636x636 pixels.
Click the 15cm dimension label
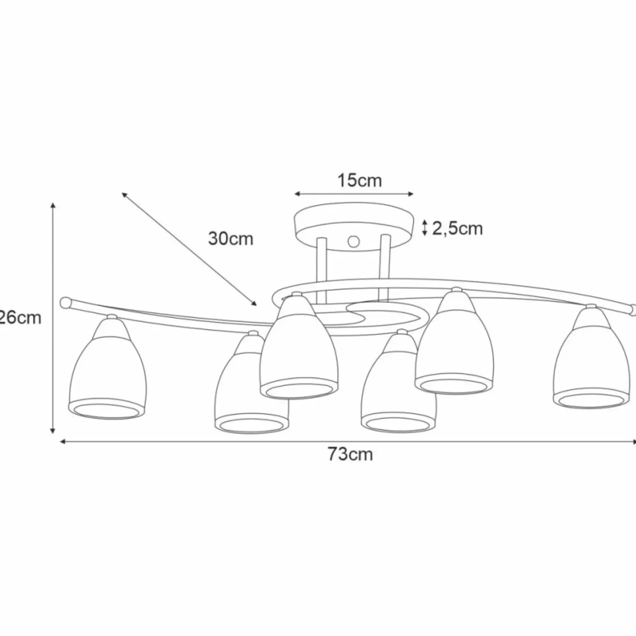[359, 180]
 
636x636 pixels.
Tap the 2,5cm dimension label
[457, 229]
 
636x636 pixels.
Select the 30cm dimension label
[231, 238]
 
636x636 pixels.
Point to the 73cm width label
[350, 454]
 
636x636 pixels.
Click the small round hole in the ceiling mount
[354, 241]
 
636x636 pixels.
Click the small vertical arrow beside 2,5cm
[425, 228]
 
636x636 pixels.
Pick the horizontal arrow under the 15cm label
[354, 194]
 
